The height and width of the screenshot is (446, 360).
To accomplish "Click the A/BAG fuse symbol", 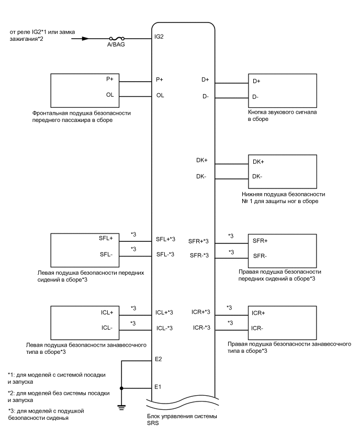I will pos(115,38).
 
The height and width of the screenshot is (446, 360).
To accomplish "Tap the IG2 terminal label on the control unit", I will pos(160,38).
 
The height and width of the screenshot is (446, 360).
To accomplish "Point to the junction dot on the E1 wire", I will pos(121,388).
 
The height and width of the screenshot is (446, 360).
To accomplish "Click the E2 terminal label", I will pos(159,360).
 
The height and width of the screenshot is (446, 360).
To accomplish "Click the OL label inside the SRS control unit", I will pos(160,96).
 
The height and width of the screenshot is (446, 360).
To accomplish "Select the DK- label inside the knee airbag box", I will pos(258,176).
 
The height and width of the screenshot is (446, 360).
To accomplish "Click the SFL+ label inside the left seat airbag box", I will pos(106,239).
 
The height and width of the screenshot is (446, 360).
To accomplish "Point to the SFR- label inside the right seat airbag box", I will pos(260,255).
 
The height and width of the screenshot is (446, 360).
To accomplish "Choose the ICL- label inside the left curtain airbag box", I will pos(107,328).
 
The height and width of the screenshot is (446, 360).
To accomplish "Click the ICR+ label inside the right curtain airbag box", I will pos(259,313).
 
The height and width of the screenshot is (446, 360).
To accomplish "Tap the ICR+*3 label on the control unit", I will pos(201,312).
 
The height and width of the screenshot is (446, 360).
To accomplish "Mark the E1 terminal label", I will pos(159,388).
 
